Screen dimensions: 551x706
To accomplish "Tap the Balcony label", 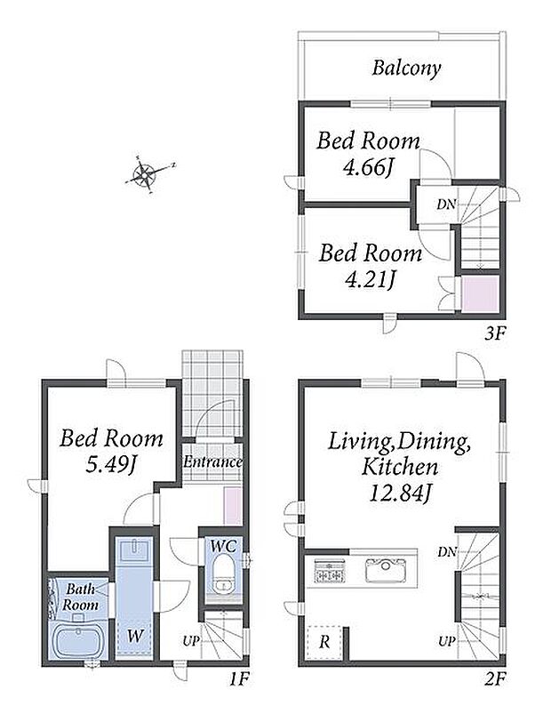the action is (406, 68).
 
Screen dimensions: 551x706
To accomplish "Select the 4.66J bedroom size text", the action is (369, 168).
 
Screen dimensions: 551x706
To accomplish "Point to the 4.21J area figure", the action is (370, 280).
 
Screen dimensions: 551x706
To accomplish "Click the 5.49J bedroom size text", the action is (111, 465).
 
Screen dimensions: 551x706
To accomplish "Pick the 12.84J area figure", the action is (400, 493).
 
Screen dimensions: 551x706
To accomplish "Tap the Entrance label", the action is (212, 462).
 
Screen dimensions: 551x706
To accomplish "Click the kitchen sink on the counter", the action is (386, 570).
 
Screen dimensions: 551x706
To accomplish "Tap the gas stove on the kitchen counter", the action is (330, 570).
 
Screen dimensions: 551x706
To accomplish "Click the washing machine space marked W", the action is (134, 637).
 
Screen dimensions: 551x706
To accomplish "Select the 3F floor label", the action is (495, 333).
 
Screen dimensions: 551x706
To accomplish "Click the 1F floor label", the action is (238, 679).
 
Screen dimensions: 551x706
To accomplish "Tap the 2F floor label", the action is (496, 679).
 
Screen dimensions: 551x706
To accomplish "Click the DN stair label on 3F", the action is (445, 205).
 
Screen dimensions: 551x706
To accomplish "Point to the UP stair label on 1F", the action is (190, 641).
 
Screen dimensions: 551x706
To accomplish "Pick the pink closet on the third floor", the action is (480, 293).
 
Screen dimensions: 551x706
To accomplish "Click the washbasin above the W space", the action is (133, 550).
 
